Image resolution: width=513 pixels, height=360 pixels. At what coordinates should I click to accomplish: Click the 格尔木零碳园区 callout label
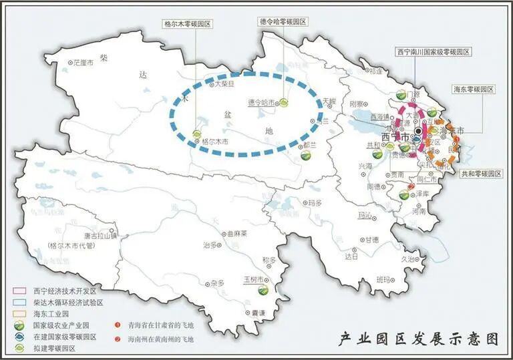click(x=188, y=23)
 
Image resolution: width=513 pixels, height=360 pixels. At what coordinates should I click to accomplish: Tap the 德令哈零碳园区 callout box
click(x=283, y=21)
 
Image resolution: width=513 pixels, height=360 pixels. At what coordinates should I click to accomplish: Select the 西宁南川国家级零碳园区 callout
click(x=434, y=51)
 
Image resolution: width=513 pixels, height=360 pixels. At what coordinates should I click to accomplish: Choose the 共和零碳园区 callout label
click(x=481, y=173)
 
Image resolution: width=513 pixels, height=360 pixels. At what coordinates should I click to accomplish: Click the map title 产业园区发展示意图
click(x=419, y=339)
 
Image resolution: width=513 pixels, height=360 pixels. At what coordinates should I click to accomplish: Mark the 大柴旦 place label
click(x=224, y=84)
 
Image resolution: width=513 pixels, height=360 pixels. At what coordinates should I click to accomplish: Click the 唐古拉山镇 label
click(x=102, y=235)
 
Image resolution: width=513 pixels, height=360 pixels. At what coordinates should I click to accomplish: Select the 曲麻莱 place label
click(x=236, y=234)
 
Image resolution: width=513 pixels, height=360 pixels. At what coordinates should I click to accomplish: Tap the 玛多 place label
click(x=314, y=202)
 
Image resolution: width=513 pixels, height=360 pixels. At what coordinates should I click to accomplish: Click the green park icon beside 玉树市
click(x=265, y=291)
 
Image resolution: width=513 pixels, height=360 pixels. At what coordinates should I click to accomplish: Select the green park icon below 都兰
click(x=306, y=155)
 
